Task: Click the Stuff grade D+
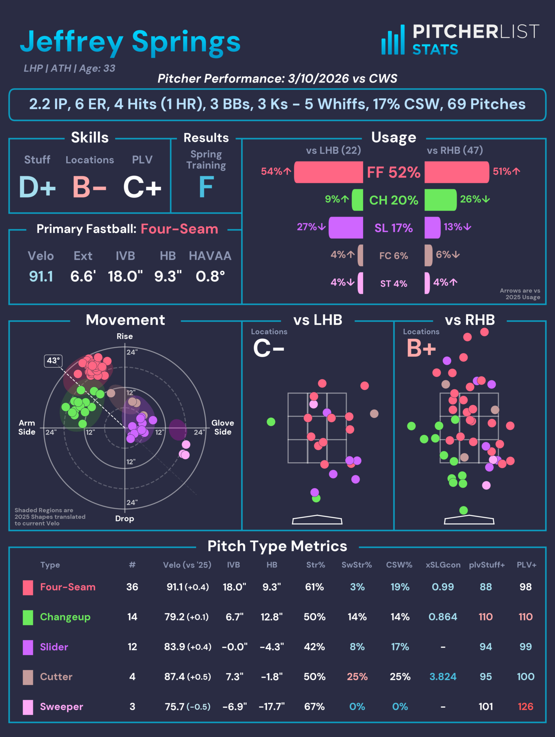[x=37, y=187]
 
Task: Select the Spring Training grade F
[x=206, y=187]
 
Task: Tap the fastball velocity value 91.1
[x=41, y=276]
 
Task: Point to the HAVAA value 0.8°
[x=210, y=276]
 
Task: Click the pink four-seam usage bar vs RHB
[x=457, y=172]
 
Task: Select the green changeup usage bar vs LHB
[x=357, y=200]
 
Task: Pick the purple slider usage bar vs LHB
[x=346, y=228]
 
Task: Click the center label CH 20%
[x=393, y=200]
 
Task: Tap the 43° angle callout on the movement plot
[x=53, y=361]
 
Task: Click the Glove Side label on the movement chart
[x=222, y=427]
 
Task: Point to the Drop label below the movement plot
[x=125, y=519]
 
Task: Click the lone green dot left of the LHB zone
[x=271, y=422]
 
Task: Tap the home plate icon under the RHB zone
[x=469, y=520]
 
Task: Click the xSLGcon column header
[x=443, y=565]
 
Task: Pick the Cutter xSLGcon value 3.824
[x=443, y=677]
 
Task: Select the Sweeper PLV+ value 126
[x=525, y=707]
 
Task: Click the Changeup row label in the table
[x=65, y=617]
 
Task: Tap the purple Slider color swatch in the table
[x=28, y=647]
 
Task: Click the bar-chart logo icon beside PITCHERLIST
[x=393, y=40]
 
